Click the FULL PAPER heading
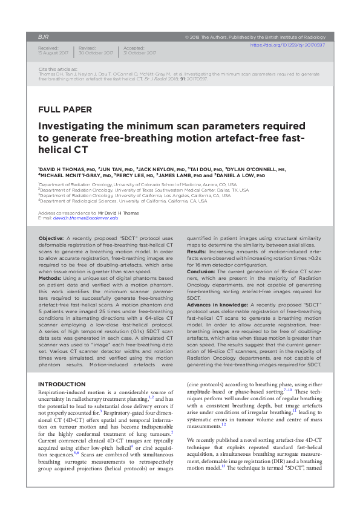65,110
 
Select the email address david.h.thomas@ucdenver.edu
82,218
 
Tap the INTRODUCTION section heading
61,384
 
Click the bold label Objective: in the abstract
55,239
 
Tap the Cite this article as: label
57,70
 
